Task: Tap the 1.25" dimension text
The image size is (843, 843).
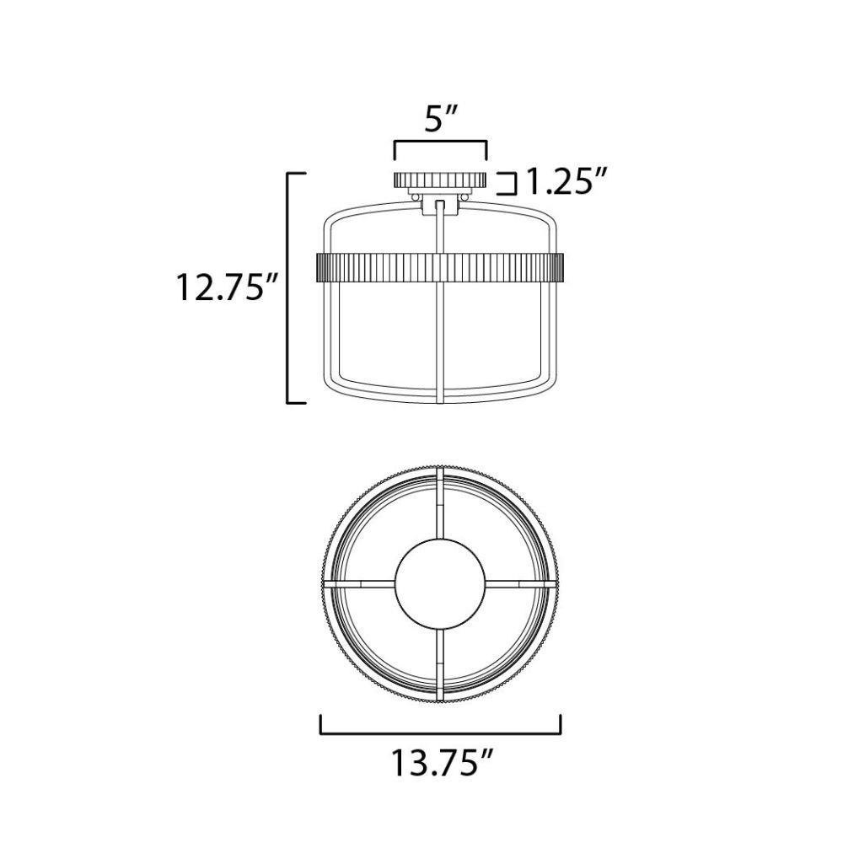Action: (566, 181)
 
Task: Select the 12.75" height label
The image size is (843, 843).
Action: (226, 287)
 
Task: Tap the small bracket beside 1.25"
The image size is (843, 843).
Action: (507, 183)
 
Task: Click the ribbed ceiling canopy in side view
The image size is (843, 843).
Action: (440, 180)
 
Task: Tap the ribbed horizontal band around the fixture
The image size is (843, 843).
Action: (440, 267)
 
